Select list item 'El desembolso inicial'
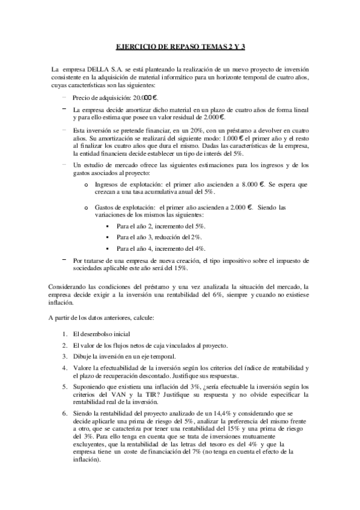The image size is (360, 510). click(x=101, y=334)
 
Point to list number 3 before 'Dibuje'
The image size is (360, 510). click(x=65, y=356)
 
